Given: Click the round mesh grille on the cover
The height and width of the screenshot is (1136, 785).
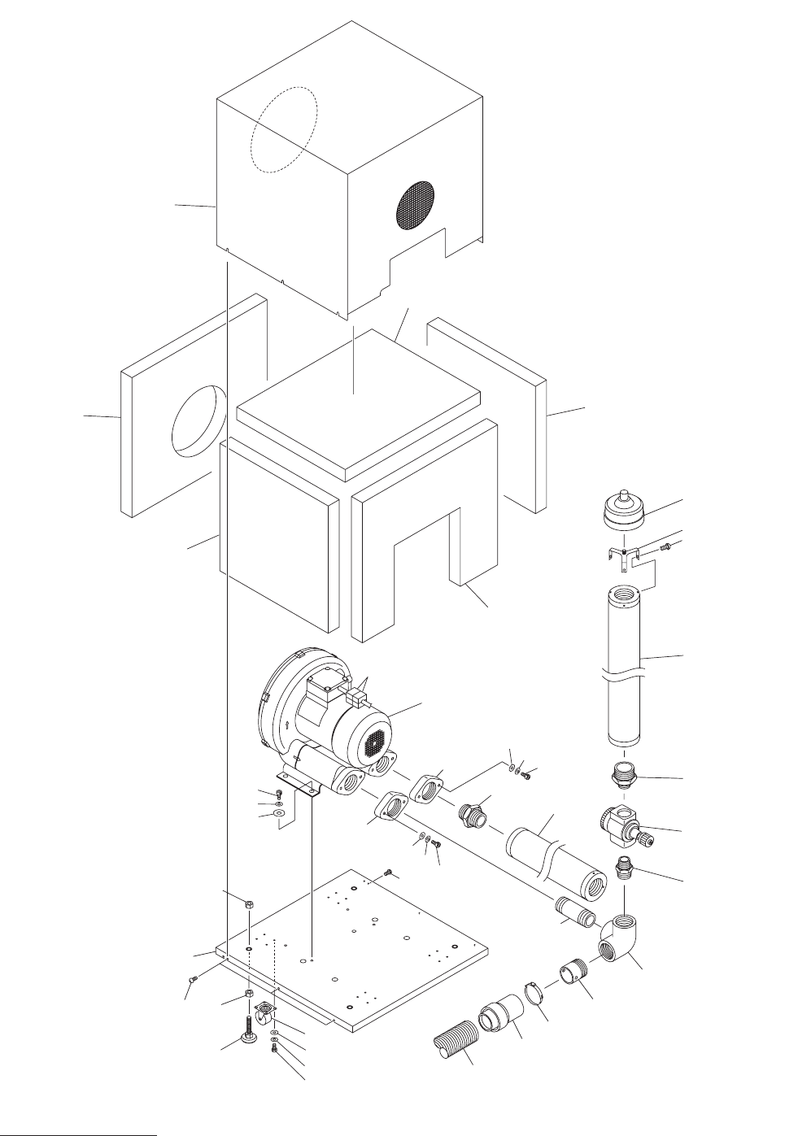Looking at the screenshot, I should [x=416, y=202].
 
